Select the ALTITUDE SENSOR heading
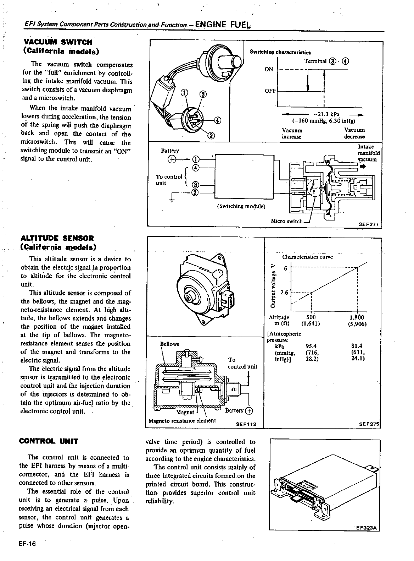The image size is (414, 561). click(x=57, y=238)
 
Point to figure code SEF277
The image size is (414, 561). click(x=369, y=224)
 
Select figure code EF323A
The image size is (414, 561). click(x=367, y=528)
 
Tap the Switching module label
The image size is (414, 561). click(x=241, y=206)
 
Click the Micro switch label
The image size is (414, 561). click(x=286, y=221)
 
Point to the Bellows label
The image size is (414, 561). click(x=170, y=344)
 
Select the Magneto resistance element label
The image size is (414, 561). click(x=182, y=421)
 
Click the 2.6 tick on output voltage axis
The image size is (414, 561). click(x=284, y=293)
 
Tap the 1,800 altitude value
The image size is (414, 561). click(x=357, y=317)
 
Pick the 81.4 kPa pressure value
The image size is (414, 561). click(x=356, y=346)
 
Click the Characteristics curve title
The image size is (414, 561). click(x=307, y=257)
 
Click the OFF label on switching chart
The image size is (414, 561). click(x=270, y=91)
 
